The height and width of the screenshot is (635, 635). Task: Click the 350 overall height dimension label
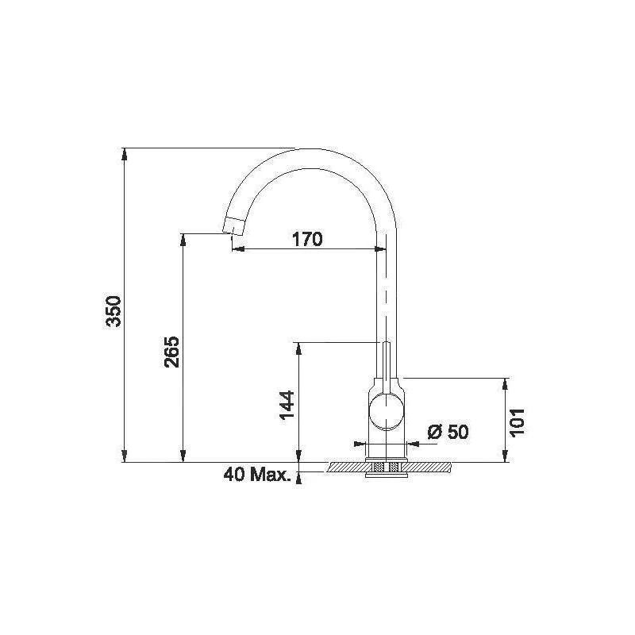[x=114, y=311]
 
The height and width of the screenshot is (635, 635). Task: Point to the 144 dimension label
[x=287, y=406]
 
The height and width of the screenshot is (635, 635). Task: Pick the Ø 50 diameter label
[x=448, y=432]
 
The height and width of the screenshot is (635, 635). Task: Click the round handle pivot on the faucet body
[x=387, y=412]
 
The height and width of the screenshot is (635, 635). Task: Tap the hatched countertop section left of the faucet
[x=345, y=468]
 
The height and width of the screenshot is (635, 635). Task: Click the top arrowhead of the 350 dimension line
[x=125, y=153]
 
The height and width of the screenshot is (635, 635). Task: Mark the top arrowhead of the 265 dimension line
[x=184, y=239]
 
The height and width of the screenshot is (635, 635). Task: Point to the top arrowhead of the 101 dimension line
[x=505, y=383]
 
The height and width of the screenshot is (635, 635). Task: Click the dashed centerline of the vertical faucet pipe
[x=386, y=294]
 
